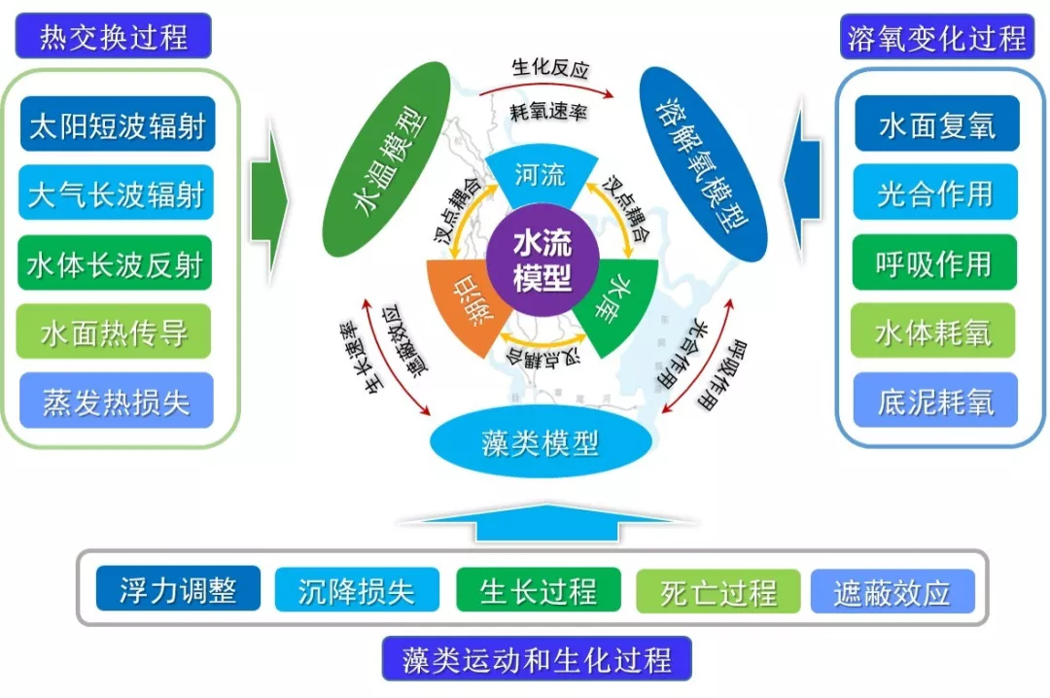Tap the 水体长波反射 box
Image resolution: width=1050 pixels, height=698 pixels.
(x=117, y=262)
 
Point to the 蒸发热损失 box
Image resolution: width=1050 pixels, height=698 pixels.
(x=117, y=401)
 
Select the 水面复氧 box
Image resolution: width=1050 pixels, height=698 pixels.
(x=936, y=124)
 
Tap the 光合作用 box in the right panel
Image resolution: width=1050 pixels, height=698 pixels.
(x=935, y=193)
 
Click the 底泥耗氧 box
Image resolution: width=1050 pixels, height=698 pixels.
(x=935, y=401)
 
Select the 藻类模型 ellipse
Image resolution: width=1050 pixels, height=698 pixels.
(x=540, y=443)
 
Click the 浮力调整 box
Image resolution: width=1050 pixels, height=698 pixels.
(x=179, y=589)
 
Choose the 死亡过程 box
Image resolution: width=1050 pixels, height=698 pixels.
(x=718, y=590)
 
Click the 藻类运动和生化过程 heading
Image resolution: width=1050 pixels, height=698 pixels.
(x=537, y=660)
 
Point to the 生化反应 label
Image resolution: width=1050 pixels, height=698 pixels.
(x=550, y=69)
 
